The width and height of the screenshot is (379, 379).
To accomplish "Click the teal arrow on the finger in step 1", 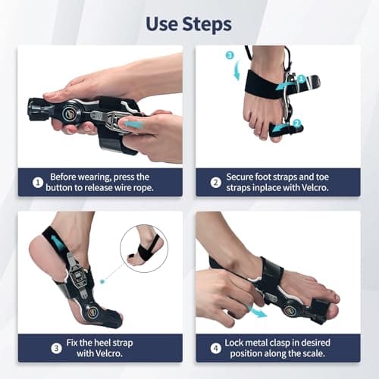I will pyautogui.click(x=134, y=124).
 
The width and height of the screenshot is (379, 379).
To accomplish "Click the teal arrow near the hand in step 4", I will pyautogui.click(x=261, y=311).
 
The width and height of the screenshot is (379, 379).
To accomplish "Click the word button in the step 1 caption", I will pyautogui.click(x=58, y=188).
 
